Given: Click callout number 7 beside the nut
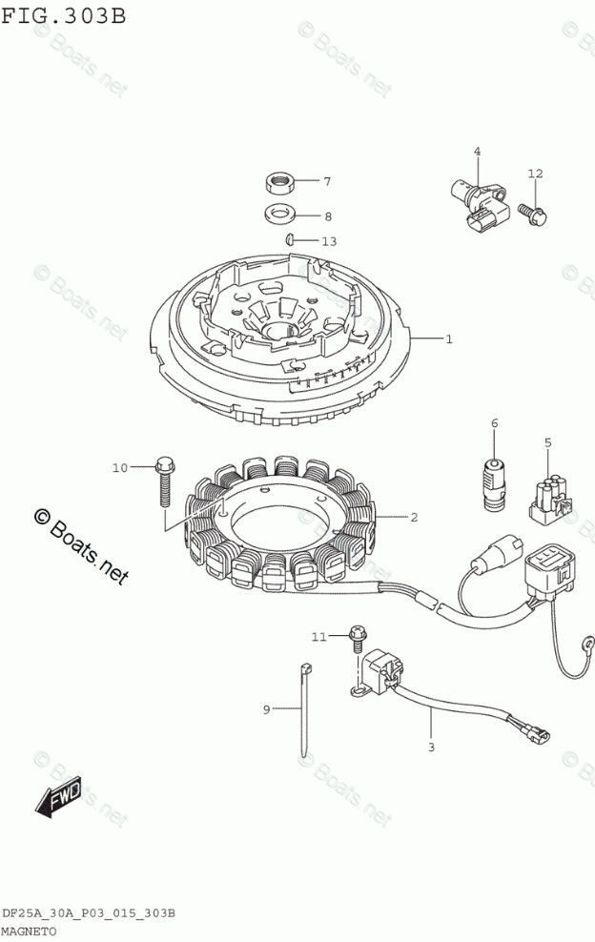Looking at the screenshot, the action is click(x=298, y=181).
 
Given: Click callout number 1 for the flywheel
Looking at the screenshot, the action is click(x=448, y=338).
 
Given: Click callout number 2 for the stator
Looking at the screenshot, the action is click(x=414, y=518).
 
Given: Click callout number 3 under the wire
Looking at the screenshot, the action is click(x=430, y=747).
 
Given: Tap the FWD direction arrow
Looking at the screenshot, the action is click(x=59, y=797).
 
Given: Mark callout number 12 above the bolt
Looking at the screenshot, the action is click(x=535, y=173).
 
